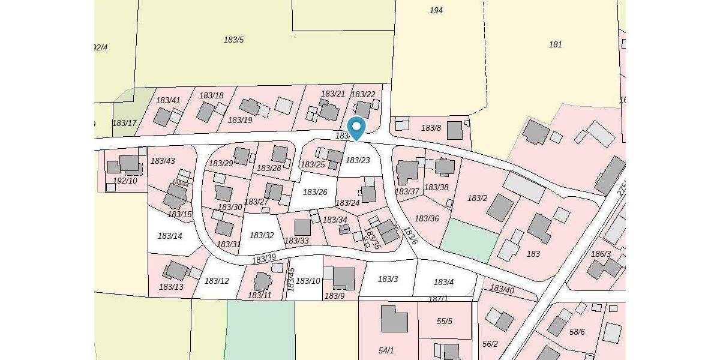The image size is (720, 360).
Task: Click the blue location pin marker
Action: click(356, 128)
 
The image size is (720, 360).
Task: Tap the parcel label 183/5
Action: click(233, 40)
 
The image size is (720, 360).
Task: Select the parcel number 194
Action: click(436, 10)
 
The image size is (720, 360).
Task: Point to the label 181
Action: click(556, 44)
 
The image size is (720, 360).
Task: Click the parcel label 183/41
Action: click(168, 100)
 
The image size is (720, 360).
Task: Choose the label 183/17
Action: click(124, 123)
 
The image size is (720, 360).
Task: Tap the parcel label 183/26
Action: click(315, 192)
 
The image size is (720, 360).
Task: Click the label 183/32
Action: click(262, 235)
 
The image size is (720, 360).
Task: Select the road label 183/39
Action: click(264, 259)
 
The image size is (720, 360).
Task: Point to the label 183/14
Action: click(170, 236)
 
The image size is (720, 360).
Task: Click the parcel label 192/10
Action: click(125, 180)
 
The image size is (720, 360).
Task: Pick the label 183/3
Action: click(388, 279)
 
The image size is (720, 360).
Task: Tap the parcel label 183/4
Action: click(443, 282)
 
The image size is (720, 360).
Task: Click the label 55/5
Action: click(445, 321)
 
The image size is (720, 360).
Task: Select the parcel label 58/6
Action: click(577, 332)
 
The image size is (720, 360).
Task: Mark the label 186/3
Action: click(601, 254)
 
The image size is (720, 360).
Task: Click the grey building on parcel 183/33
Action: click(302, 227)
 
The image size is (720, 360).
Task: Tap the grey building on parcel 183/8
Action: click(455, 130)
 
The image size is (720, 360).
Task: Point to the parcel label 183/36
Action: click(427, 218)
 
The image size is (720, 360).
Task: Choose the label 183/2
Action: click(477, 198)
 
